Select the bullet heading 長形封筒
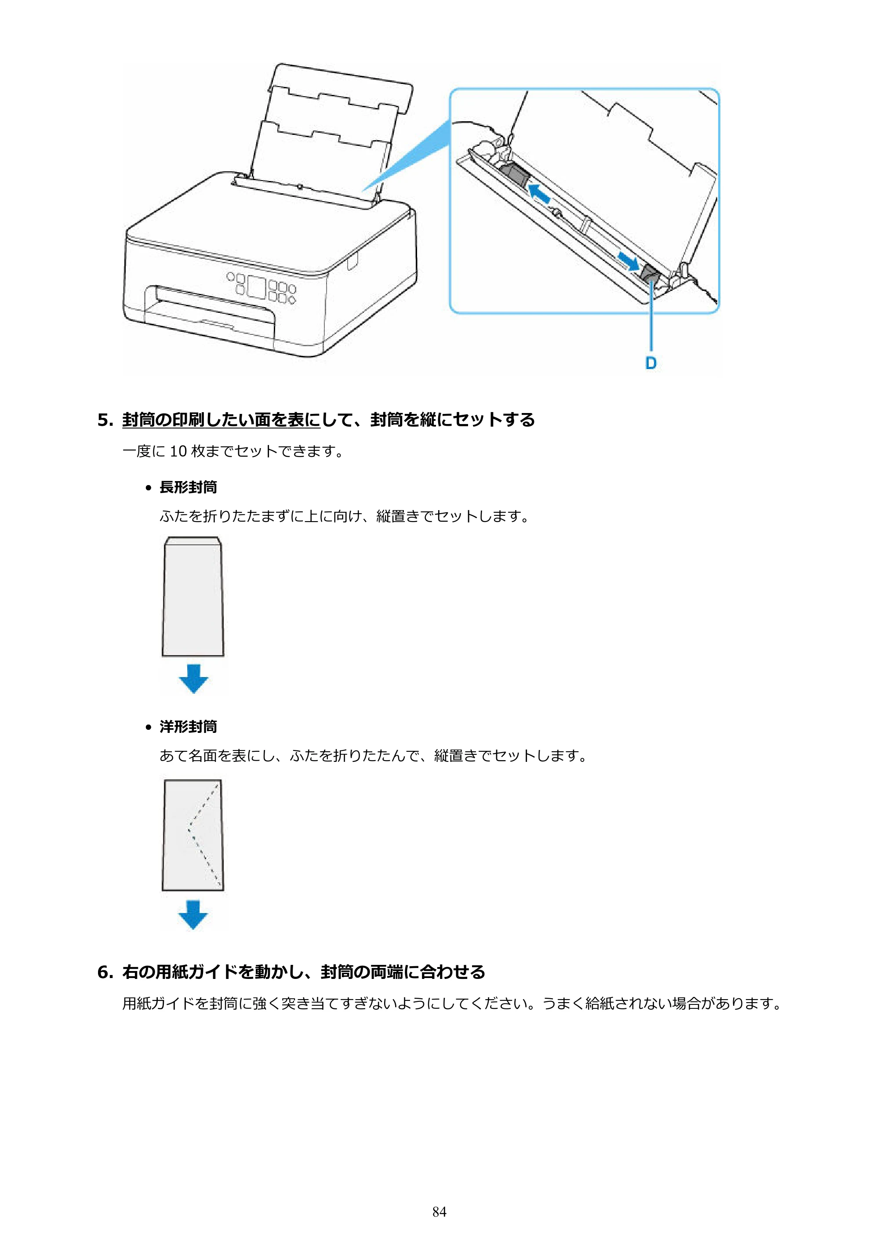(x=188, y=487)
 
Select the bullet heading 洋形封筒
(x=188, y=727)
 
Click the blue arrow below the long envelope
(x=193, y=678)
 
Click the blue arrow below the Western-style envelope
(x=193, y=914)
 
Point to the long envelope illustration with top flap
(x=193, y=597)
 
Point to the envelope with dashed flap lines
(x=193, y=835)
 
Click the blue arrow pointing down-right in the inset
(x=628, y=261)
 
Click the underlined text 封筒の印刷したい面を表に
(x=221, y=420)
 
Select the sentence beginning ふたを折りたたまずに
(x=345, y=516)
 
